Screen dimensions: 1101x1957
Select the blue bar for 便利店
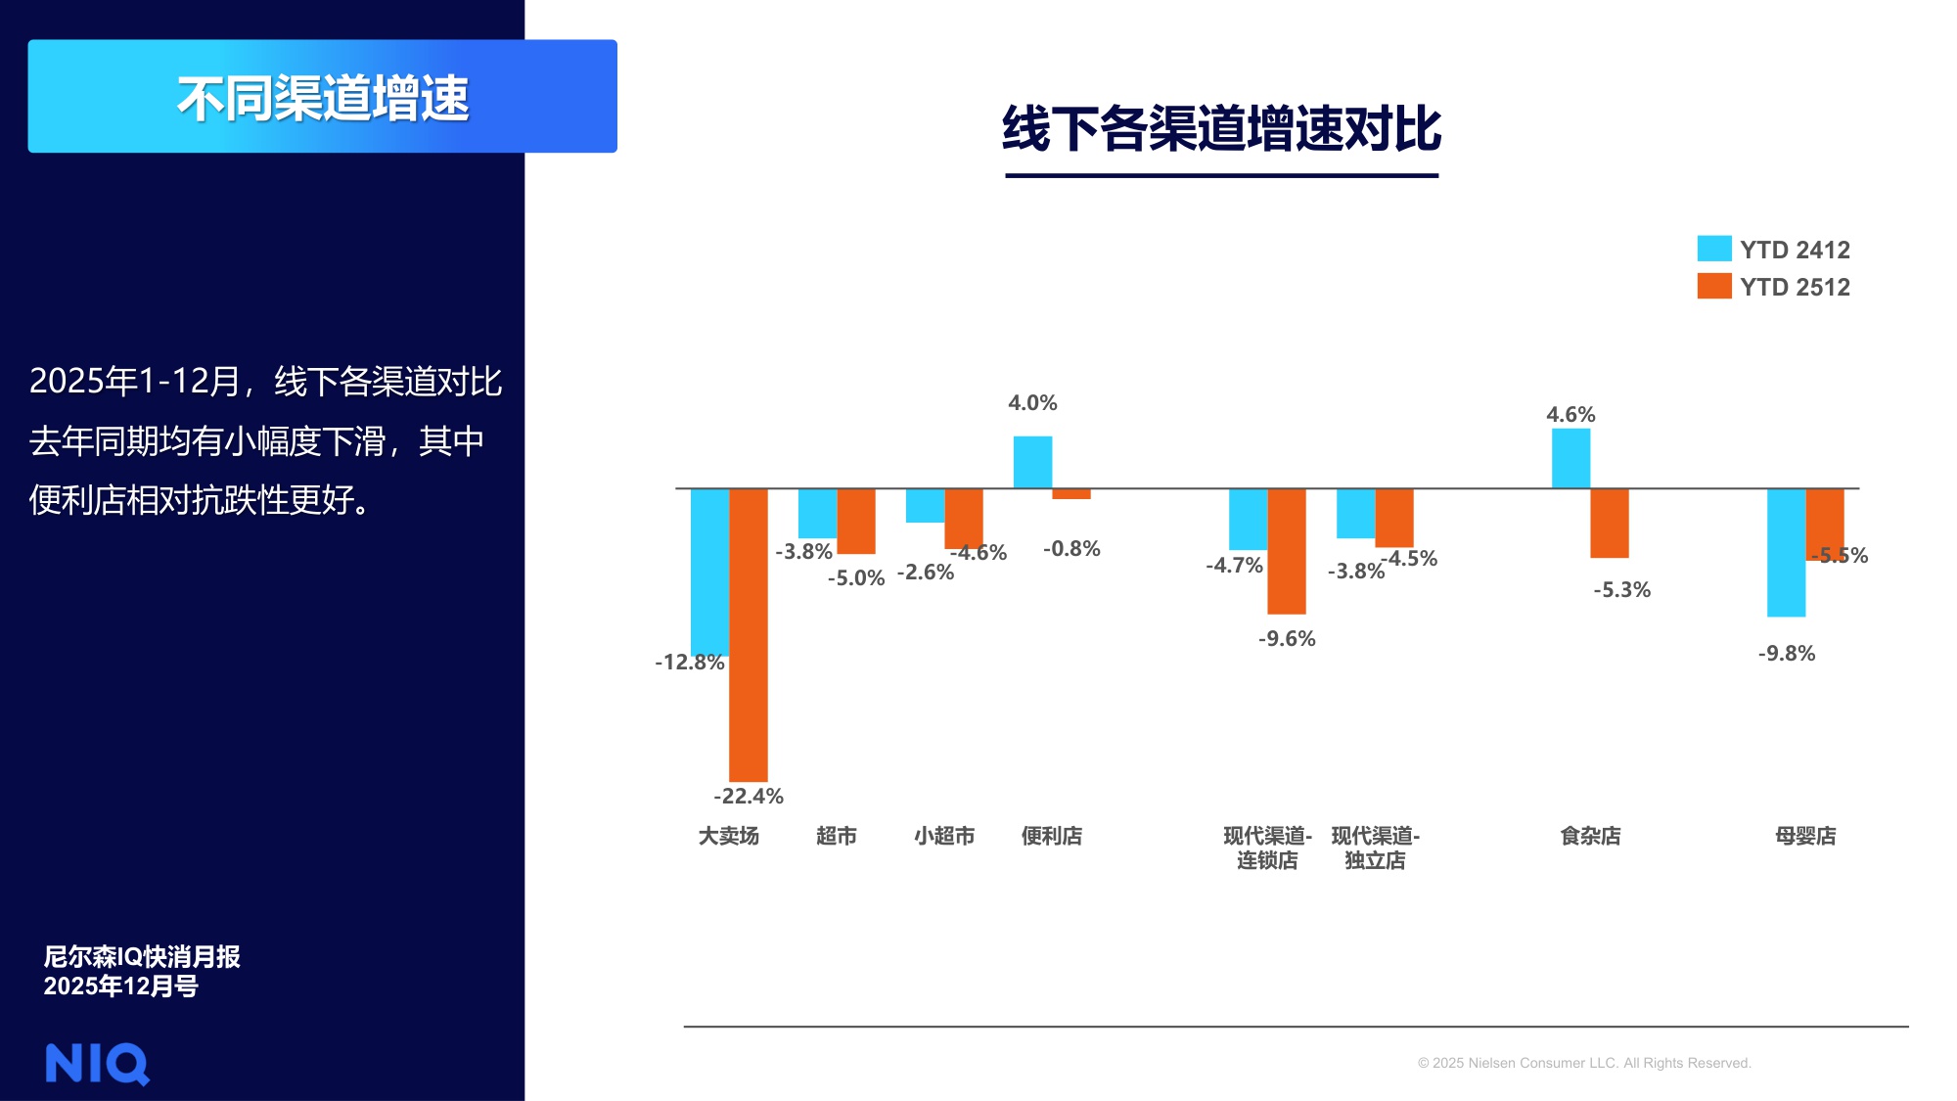coord(1032,462)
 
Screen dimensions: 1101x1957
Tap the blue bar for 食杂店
coord(1570,458)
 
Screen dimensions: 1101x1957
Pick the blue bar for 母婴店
coord(1786,552)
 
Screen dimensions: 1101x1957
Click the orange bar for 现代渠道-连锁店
coord(1287,551)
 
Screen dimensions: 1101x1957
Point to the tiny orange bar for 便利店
coord(1071,494)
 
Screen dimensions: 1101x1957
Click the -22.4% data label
coord(749,796)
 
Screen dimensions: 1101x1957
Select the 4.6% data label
coord(1570,414)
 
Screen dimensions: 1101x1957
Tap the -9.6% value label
coord(1287,638)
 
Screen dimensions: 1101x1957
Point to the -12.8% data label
coord(690,662)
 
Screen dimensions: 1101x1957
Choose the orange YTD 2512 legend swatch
coord(1714,286)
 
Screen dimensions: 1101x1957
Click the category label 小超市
coord(944,836)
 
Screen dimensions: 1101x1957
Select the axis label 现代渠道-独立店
coord(1375,848)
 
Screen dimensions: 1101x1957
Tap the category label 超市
coord(837,836)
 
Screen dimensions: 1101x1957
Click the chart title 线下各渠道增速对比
coord(1221,129)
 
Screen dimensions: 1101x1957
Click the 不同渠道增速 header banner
coord(323,97)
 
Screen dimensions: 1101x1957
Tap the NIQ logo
coord(97,1064)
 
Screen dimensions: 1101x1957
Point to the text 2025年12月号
coord(120,986)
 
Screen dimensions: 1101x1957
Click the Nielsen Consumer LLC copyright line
coord(1584,1063)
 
